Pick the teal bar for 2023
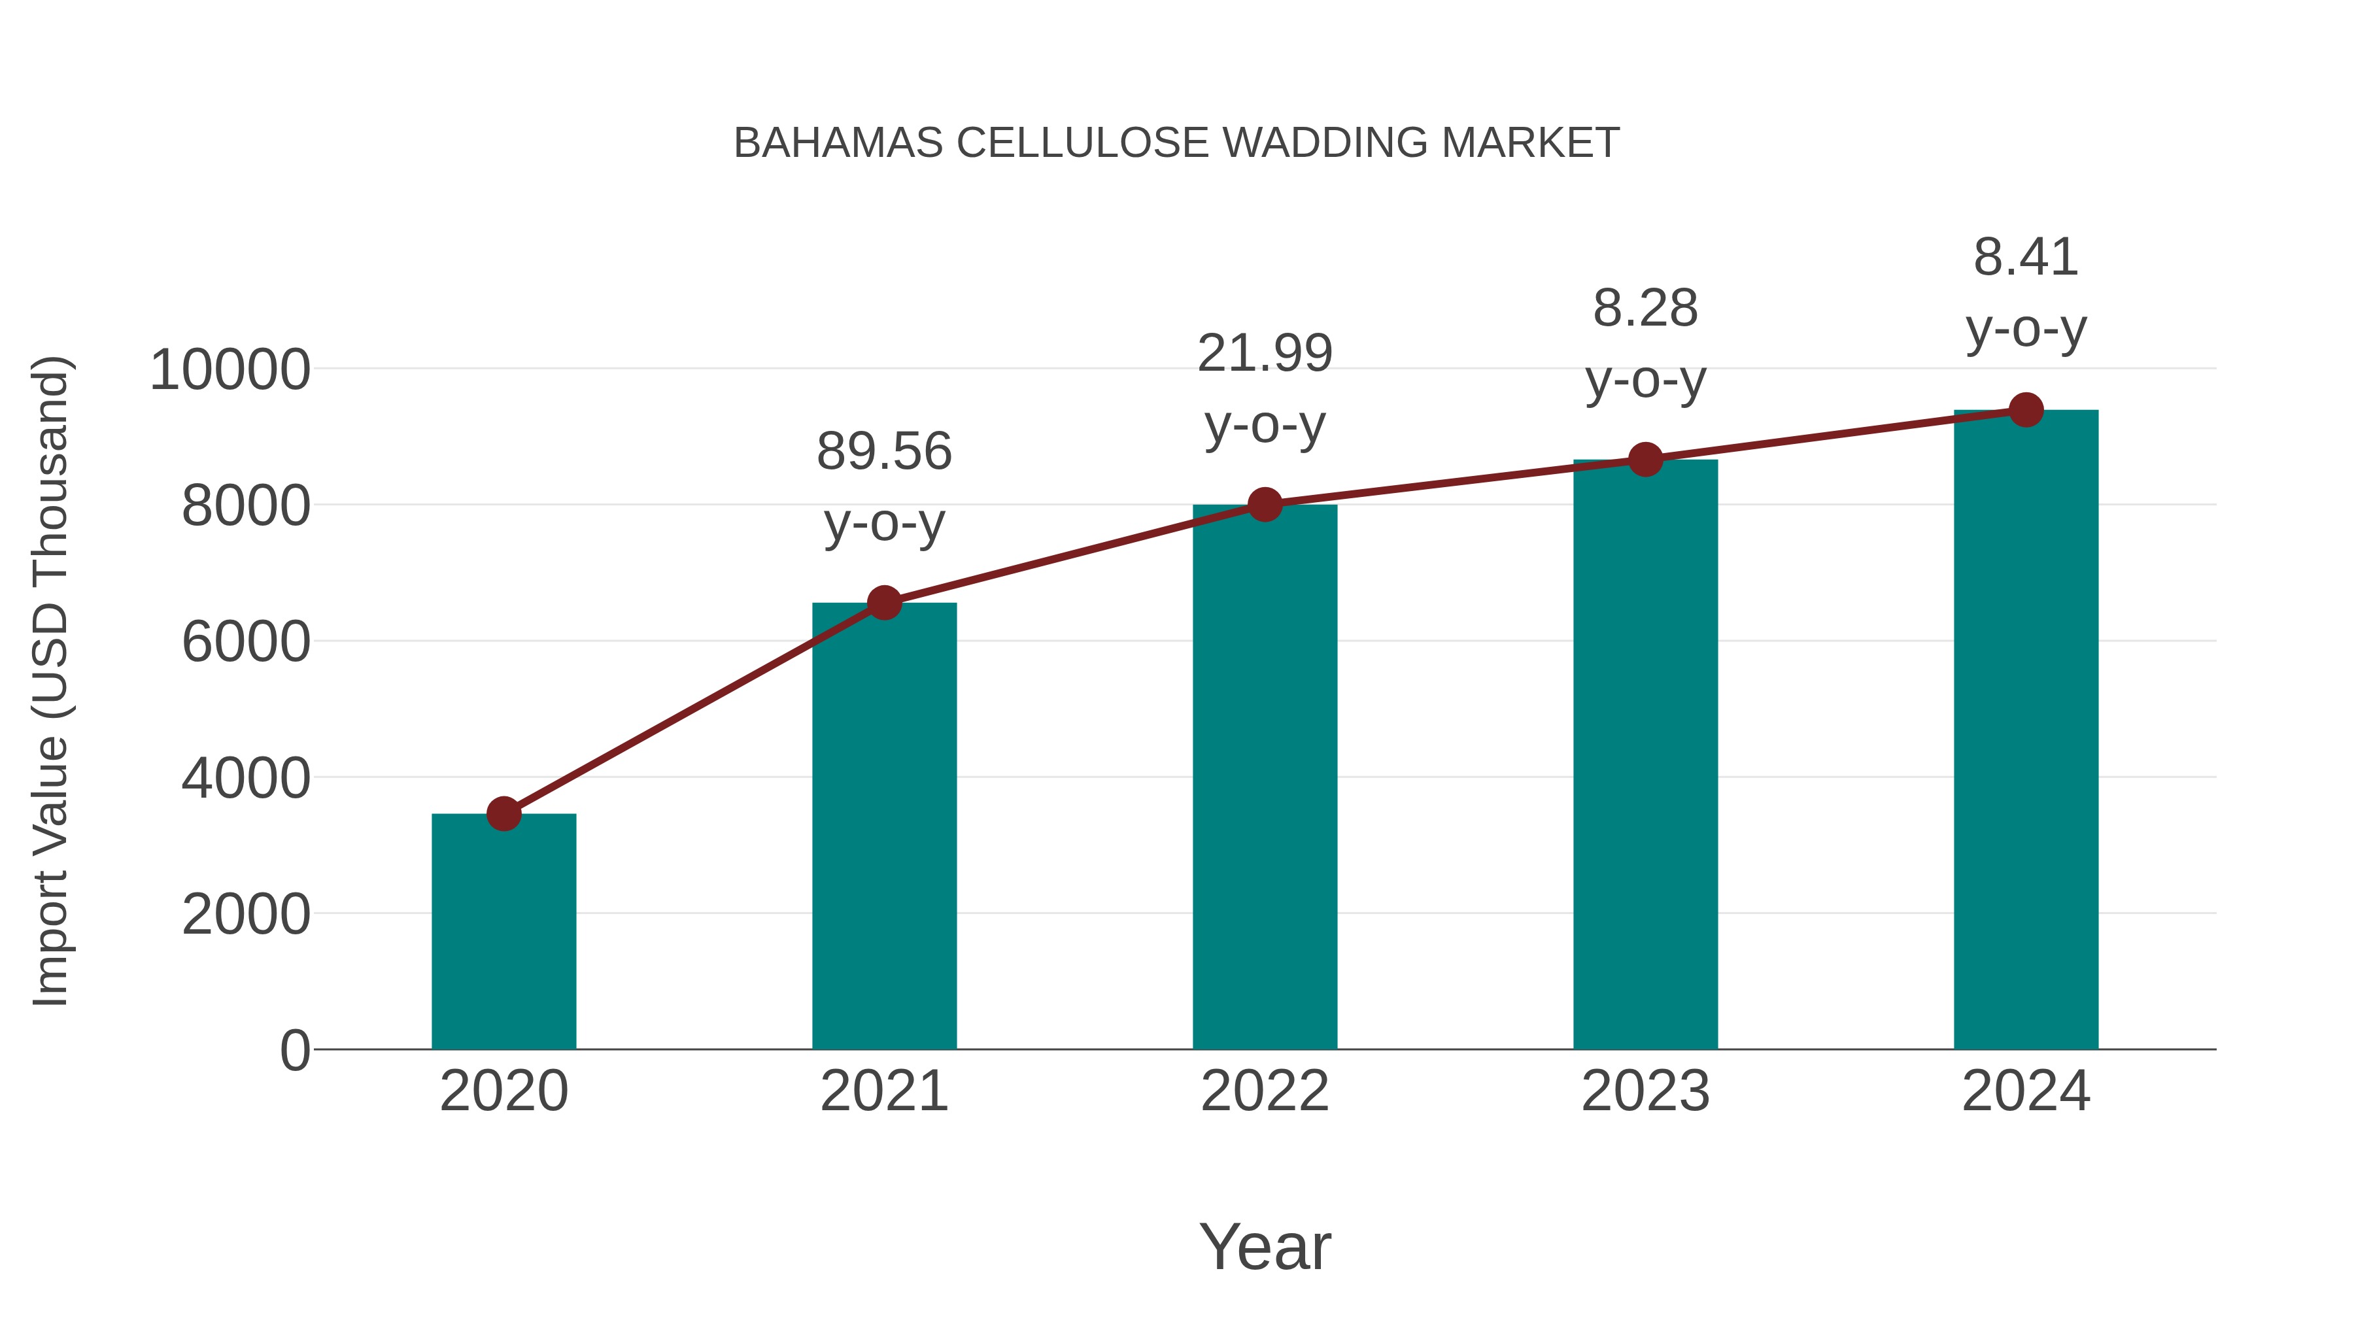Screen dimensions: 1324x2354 (x=1645, y=754)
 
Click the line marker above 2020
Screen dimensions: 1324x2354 (x=503, y=813)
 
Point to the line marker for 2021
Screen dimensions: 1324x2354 (x=883, y=603)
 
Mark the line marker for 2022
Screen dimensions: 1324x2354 (x=1265, y=503)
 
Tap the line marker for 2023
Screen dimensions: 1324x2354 (x=1645, y=460)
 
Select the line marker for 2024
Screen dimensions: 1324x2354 (x=2026, y=410)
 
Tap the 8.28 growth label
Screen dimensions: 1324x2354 (x=1645, y=308)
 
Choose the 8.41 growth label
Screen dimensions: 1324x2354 (x=2026, y=257)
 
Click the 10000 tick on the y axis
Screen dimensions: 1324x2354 (x=230, y=370)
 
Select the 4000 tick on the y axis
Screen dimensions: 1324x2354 (x=246, y=779)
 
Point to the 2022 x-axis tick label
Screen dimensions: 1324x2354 (x=1265, y=1091)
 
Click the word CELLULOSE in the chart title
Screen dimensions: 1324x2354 (x=1082, y=143)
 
